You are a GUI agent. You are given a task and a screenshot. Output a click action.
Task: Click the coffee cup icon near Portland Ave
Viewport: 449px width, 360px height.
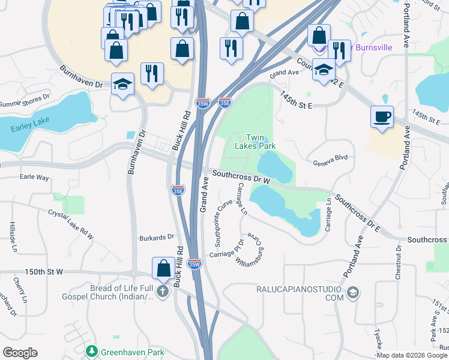(x=381, y=116)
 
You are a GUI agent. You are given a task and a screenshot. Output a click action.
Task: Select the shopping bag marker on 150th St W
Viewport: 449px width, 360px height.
(x=163, y=268)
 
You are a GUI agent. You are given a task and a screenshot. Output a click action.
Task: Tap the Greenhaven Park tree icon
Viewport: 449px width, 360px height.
(x=92, y=350)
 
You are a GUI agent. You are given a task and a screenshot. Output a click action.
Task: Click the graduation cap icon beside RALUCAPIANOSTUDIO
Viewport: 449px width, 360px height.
(x=353, y=293)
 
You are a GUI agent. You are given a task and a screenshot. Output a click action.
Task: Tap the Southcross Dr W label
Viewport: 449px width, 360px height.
(x=241, y=177)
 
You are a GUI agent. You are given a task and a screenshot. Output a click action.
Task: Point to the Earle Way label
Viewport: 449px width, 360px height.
(x=34, y=177)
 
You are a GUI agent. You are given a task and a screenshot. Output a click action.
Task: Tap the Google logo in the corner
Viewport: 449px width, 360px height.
(x=20, y=352)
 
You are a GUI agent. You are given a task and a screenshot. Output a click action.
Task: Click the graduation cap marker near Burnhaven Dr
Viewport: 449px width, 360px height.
(x=122, y=85)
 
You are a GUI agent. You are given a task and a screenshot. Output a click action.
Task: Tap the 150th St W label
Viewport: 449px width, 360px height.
(x=44, y=272)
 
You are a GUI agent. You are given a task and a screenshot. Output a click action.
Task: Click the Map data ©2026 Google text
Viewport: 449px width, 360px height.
(x=412, y=355)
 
